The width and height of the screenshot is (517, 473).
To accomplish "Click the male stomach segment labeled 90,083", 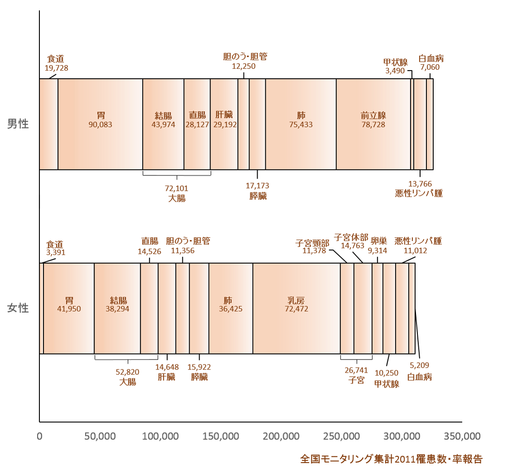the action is [x=100, y=124].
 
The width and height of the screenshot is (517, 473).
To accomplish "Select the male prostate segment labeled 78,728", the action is [x=373, y=124].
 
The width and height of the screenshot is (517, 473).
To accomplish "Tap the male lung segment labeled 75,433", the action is [x=301, y=124].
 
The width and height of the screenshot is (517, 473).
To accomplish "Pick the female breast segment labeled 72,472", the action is [x=297, y=308].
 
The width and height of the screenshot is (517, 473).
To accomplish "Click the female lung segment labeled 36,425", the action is [x=231, y=308].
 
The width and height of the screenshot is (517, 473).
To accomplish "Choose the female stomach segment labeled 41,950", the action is [x=68, y=308].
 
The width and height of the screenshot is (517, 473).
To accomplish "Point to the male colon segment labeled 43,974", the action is [x=163, y=124].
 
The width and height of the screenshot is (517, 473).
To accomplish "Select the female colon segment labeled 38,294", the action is [x=117, y=308].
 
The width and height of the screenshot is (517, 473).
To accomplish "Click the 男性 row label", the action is [x=18, y=124].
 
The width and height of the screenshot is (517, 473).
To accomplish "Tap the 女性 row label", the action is [x=18, y=308].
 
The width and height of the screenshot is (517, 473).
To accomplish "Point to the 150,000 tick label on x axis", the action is [x=220, y=436].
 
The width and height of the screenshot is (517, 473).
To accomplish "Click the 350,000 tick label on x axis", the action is [x=462, y=436].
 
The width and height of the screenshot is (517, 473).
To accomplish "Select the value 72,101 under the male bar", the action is [x=177, y=189].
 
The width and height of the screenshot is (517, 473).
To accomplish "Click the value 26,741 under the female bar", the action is [x=356, y=370].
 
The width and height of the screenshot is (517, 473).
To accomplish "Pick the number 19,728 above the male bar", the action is [x=57, y=68].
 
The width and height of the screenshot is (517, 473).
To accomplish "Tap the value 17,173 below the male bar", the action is [x=257, y=186].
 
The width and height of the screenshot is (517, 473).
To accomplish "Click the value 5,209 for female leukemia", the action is [x=419, y=365].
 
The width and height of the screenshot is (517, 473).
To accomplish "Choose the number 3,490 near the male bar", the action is [x=395, y=71].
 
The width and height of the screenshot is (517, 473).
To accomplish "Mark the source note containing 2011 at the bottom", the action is [x=392, y=459].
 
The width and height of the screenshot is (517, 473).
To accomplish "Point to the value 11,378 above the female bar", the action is [x=314, y=251].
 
